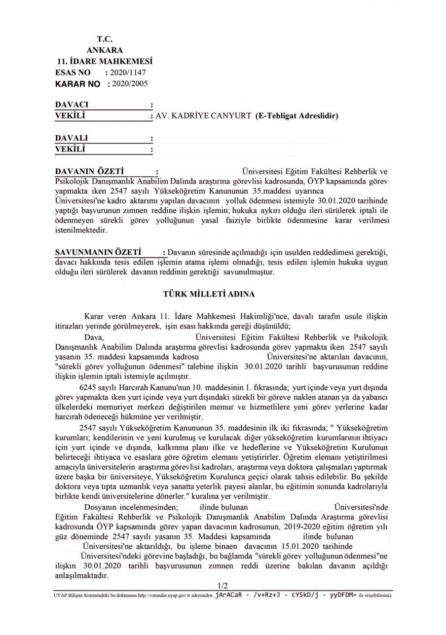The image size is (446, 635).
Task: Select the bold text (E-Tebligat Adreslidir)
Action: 297,116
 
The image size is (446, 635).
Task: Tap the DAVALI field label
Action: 71,138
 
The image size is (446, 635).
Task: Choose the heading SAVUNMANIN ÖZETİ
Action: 96,252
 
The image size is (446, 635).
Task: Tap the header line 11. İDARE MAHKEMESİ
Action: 105,62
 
